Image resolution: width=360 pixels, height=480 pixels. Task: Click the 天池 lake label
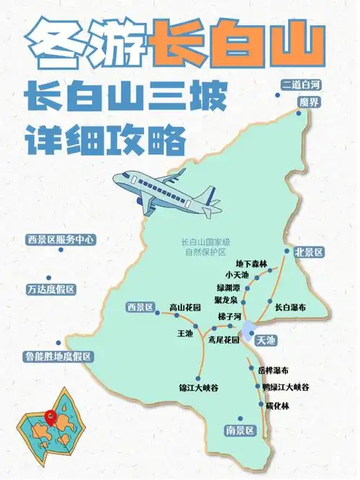coord(266,339)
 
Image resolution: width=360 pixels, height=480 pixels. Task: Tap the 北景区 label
coord(309,252)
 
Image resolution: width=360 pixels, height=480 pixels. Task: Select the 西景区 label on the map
coord(140,308)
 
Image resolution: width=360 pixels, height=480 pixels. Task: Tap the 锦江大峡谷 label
coord(199,388)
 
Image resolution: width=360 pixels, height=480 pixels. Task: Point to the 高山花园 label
coord(186,308)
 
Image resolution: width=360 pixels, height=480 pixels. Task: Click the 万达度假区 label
coord(50,289)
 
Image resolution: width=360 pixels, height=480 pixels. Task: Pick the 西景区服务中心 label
coord(61,239)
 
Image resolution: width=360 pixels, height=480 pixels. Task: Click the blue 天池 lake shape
coord(248,331)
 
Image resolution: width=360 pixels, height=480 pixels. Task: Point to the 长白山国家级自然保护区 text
coord(204,247)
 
